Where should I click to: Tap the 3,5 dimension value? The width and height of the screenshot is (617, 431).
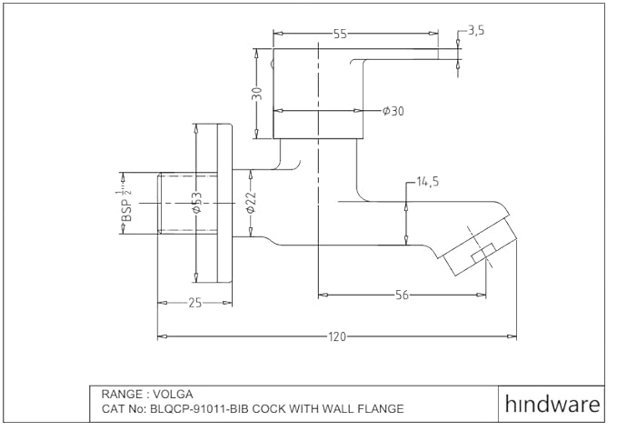pos(475,30)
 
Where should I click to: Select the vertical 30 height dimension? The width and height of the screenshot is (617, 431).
pos(257,94)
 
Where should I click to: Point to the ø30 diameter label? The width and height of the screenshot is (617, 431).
pos(393,111)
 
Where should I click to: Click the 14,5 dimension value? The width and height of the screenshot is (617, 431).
pos(428,182)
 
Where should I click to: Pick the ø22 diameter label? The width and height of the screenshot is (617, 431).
pos(252,204)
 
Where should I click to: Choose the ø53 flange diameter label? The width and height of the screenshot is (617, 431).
pos(195,204)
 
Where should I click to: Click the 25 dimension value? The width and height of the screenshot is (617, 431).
pos(194,303)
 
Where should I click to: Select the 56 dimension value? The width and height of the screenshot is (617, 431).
pos(401,294)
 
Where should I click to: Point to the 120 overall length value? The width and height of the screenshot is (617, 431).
pos(337,336)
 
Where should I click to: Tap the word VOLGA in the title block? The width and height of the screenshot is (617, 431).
pos(172,395)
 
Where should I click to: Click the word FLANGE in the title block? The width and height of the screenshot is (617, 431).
pos(378,409)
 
